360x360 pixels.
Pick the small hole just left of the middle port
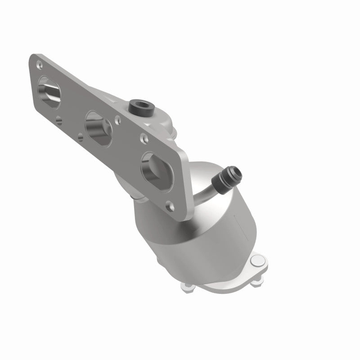coord(81,135)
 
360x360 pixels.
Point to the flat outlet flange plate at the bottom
coord(225,279)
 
